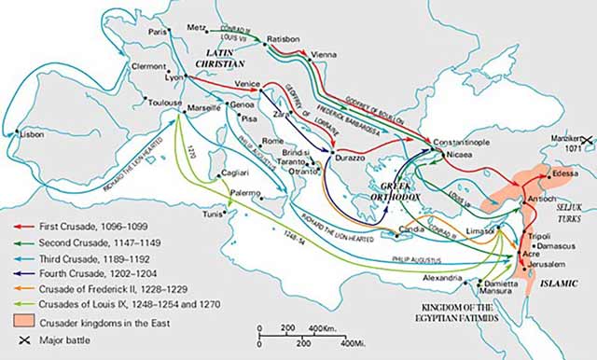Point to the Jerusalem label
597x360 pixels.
pos(548,265)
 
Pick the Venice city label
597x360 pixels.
pos(247,85)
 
